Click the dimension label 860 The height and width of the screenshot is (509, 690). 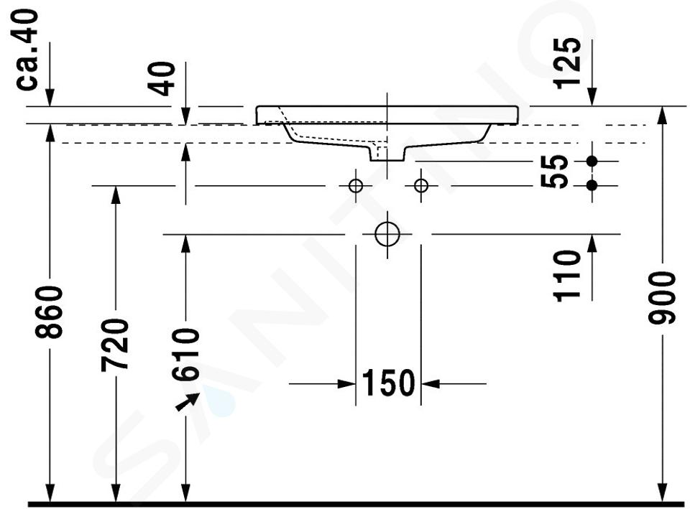click(50, 312)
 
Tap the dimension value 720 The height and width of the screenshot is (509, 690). click(115, 345)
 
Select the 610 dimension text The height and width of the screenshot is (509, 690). click(185, 354)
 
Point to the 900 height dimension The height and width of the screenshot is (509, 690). click(662, 298)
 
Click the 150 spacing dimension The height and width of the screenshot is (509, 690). click(388, 383)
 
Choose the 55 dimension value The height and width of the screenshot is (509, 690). click(554, 172)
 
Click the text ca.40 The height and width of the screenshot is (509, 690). click(27, 50)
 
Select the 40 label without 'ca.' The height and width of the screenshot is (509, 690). click(162, 79)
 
